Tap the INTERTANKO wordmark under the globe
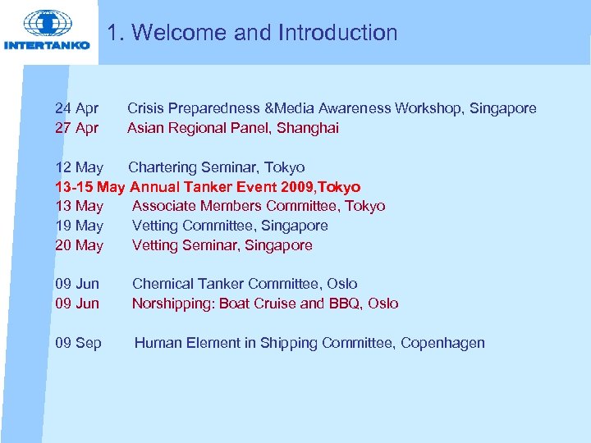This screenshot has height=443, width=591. [47, 45]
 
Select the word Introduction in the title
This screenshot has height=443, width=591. [337, 33]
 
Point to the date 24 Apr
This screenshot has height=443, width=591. [76, 108]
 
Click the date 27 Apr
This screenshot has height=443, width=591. [76, 128]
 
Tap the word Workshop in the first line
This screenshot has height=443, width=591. [428, 108]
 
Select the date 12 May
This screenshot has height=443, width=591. [79, 167]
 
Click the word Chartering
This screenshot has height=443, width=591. [162, 167]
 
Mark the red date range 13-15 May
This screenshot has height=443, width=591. [89, 187]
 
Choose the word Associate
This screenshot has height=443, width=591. [163, 206]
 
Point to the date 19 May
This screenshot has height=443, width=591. [79, 226]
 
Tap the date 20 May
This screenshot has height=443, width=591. [79, 245]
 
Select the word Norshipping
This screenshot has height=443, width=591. [170, 304]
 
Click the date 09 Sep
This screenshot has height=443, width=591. [78, 343]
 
